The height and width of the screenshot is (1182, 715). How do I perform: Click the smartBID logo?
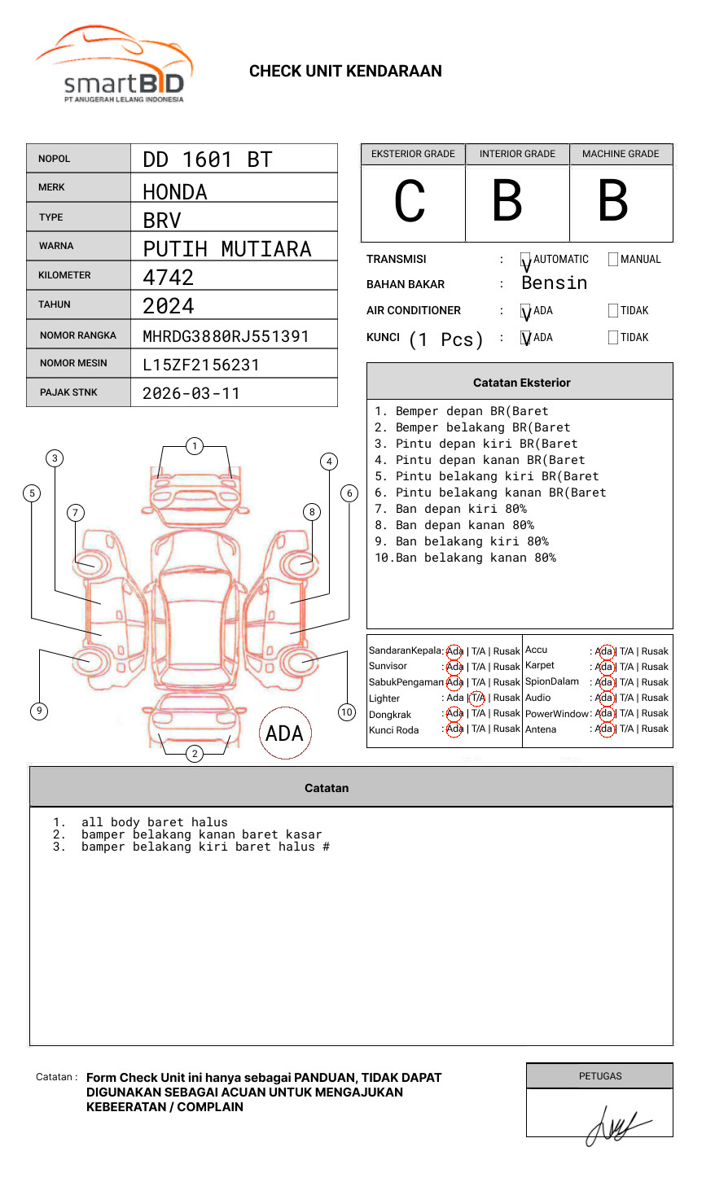point(114,65)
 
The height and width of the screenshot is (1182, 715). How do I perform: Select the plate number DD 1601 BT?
point(207,160)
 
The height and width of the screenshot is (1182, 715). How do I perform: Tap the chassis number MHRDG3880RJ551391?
point(226,336)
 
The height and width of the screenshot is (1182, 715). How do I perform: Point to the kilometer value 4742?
point(169,278)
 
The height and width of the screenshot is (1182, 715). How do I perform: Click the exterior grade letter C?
point(410,201)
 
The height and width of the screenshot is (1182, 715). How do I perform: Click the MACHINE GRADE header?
point(621,154)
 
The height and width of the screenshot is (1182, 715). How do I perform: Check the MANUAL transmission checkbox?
point(613,260)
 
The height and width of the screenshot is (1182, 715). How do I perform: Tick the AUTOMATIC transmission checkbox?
point(526,260)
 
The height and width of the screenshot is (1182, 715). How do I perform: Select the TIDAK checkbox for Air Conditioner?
point(613,311)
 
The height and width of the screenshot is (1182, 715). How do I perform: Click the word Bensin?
point(554,283)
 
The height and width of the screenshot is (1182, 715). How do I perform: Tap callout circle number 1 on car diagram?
point(194,446)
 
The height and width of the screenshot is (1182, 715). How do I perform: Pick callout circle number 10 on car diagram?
point(347,712)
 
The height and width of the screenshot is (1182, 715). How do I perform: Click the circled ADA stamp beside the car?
point(284,733)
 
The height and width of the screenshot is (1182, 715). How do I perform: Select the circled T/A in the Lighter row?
point(477,698)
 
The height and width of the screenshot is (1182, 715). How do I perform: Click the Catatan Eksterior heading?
point(521,383)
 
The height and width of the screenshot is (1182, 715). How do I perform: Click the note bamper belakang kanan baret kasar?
point(201,834)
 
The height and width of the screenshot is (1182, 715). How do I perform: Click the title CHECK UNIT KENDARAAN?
point(345,72)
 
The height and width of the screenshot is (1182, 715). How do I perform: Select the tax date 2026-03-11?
point(191,394)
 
